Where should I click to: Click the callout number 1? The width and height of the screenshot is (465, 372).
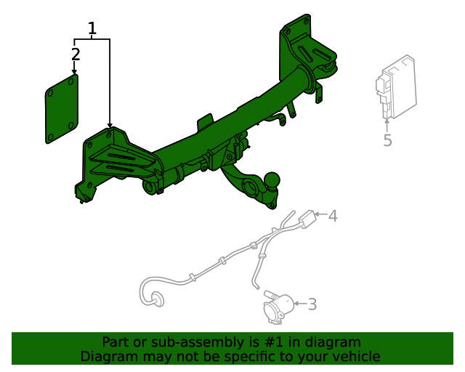tap(92, 29)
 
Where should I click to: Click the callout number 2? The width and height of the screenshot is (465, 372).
tap(76, 54)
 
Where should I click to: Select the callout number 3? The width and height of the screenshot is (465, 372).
tap(312, 304)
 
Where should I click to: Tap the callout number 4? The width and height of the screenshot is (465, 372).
tap(333, 216)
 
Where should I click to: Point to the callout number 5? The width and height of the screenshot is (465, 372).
tap(387, 140)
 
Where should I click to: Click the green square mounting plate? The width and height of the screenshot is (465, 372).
tap(62, 109)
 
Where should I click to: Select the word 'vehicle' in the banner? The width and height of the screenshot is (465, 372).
tap(355, 356)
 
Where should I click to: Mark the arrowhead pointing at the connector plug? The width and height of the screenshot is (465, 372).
tap(320, 216)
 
